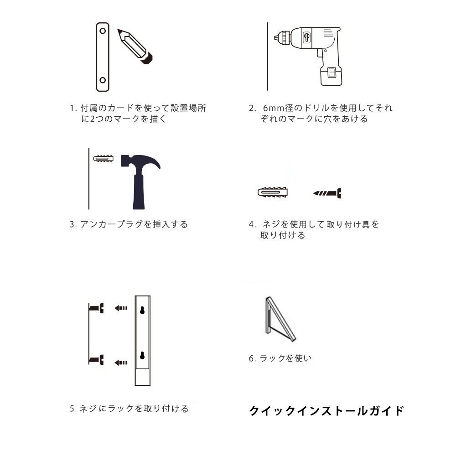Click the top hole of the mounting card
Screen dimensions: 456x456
(103, 31)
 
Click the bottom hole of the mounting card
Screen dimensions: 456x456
(103, 80)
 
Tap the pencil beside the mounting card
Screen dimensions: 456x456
(135, 46)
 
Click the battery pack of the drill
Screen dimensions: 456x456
(331, 76)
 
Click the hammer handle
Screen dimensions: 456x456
(139, 192)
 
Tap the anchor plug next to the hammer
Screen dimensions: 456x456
(104, 159)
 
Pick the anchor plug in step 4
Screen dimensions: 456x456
(273, 192)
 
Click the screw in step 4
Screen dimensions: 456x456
(327, 193)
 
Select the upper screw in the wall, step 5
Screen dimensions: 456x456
(96, 308)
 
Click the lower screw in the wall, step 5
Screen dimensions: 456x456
(96, 360)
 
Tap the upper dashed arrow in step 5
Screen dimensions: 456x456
(121, 308)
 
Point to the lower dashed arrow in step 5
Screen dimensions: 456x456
(121, 363)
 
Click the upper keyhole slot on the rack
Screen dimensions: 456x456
(142, 310)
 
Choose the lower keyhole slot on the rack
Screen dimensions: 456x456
(142, 355)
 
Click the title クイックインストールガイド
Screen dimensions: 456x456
(326, 411)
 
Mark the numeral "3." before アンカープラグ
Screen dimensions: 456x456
(73, 224)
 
